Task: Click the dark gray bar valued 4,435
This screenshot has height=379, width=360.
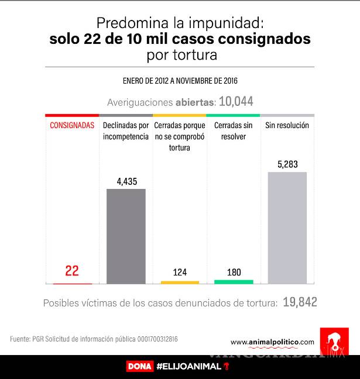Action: coord(126,236)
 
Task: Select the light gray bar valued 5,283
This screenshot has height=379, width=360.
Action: coord(287,228)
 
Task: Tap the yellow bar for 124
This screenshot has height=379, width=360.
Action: coord(180,282)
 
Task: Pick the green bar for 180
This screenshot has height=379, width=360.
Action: coord(234,281)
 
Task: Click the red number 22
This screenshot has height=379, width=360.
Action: coord(72,271)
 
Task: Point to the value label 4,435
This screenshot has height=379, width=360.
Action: coord(126,181)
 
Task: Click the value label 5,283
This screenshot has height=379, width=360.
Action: coord(287,164)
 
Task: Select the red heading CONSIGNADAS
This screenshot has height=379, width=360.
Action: coord(72,126)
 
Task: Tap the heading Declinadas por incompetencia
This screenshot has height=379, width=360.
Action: coord(126,131)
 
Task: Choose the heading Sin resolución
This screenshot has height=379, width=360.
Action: coord(287,126)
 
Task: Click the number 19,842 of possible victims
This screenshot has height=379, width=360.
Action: coord(300,302)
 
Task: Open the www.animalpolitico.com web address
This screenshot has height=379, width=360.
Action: coord(272,342)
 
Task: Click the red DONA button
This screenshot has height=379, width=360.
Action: coord(139,367)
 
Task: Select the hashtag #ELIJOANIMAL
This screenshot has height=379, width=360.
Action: coord(189,367)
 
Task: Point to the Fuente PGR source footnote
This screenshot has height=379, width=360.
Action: coord(94,339)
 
